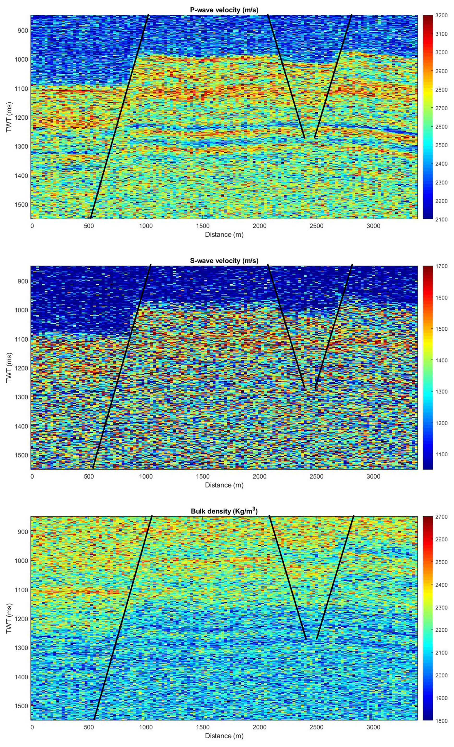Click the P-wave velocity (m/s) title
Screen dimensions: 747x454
click(224, 10)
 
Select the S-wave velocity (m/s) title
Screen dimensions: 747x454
click(224, 261)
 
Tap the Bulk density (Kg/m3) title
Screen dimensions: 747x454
click(224, 511)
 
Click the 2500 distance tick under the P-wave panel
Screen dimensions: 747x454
click(316, 226)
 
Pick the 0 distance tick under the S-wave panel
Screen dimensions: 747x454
click(32, 476)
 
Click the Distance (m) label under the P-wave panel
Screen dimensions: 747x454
click(224, 234)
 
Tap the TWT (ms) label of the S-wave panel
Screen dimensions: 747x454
click(9, 367)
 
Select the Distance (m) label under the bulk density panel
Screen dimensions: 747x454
click(224, 736)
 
